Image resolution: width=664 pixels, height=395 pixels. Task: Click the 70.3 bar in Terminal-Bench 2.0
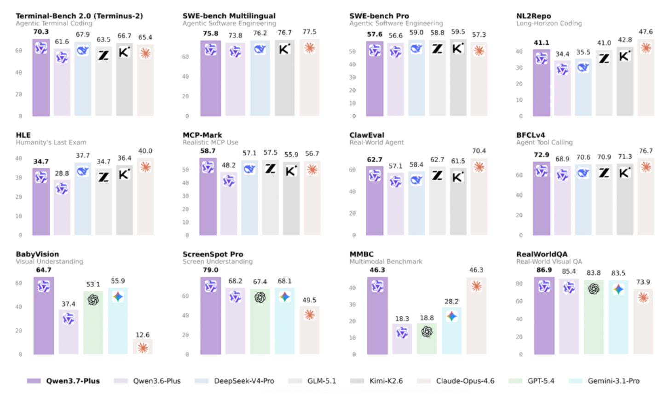coord(41,77)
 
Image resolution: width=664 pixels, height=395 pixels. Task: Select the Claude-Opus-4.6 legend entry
coord(456,381)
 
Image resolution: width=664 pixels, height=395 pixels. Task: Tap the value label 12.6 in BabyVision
coord(143,335)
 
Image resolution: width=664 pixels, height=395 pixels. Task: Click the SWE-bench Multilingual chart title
coord(229,16)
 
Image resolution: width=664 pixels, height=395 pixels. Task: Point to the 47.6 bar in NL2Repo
coord(646,78)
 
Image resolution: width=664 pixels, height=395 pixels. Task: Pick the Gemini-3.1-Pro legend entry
coord(604,381)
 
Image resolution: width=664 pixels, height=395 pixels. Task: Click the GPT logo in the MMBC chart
coord(427,332)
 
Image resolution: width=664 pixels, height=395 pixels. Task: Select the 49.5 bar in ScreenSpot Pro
coord(310,330)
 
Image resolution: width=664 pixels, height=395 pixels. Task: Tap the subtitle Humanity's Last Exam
coord(51,142)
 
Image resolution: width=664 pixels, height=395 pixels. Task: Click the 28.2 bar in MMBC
coord(451,331)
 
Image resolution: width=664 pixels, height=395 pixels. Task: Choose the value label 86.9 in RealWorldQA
coord(544,270)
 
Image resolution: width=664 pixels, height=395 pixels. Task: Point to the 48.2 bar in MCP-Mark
coord(229,204)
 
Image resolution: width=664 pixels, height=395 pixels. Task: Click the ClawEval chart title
coord(367,135)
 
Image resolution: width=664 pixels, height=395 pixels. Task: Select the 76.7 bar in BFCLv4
coord(646,197)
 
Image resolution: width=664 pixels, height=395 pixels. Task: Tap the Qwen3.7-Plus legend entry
coord(63,381)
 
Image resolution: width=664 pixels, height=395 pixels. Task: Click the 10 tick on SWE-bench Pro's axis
coord(352,103)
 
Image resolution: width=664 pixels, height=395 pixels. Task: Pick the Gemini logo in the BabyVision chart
coord(118,296)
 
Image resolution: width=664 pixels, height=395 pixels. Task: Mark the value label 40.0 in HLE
coord(145,151)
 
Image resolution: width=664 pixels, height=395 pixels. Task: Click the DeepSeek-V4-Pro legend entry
coord(235,381)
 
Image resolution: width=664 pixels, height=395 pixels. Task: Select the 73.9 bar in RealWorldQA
coord(643,321)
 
